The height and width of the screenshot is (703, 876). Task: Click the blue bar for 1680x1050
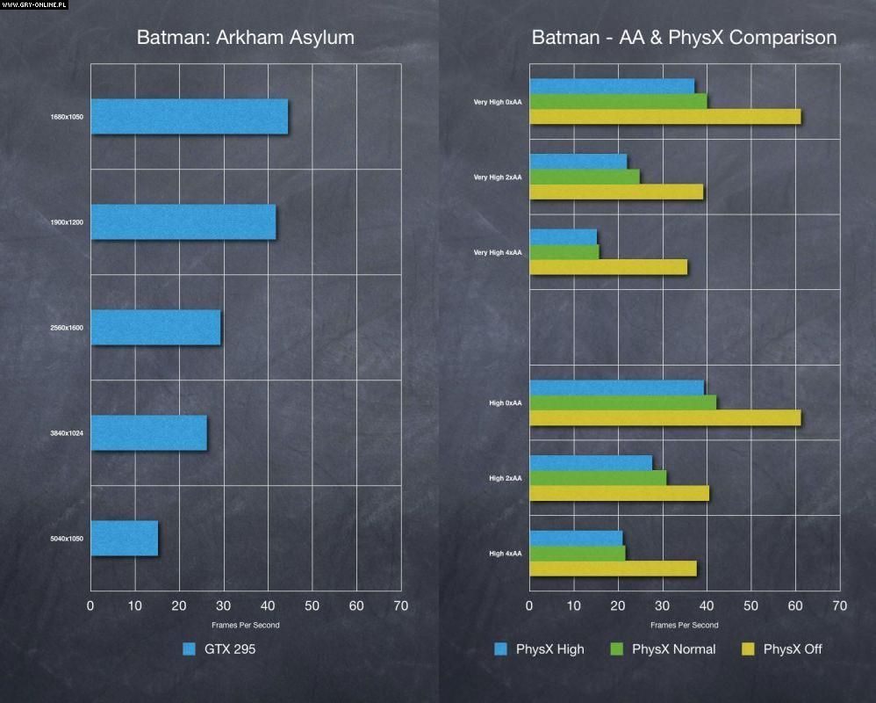189,116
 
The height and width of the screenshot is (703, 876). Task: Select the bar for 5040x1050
124,538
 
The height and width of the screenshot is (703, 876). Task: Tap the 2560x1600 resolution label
67,328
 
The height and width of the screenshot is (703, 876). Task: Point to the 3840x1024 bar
148,432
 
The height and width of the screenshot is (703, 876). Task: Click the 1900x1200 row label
67,222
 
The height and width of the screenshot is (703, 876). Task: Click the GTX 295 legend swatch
189,649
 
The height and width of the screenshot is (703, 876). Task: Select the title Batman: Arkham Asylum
246,38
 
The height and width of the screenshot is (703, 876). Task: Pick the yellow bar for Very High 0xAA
664,116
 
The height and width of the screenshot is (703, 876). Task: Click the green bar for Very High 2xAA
584,177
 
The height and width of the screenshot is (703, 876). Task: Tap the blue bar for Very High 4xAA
563,237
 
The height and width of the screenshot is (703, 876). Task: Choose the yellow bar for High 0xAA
664,417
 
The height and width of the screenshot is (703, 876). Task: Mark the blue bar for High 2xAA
591,463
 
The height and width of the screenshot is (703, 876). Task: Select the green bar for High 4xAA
577,554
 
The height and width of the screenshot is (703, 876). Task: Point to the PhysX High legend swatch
501,649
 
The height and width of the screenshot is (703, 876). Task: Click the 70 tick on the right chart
839,605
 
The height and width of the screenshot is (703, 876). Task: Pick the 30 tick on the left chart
223,605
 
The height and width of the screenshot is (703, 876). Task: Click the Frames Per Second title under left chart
246,626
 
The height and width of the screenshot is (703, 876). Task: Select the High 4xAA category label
506,554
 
